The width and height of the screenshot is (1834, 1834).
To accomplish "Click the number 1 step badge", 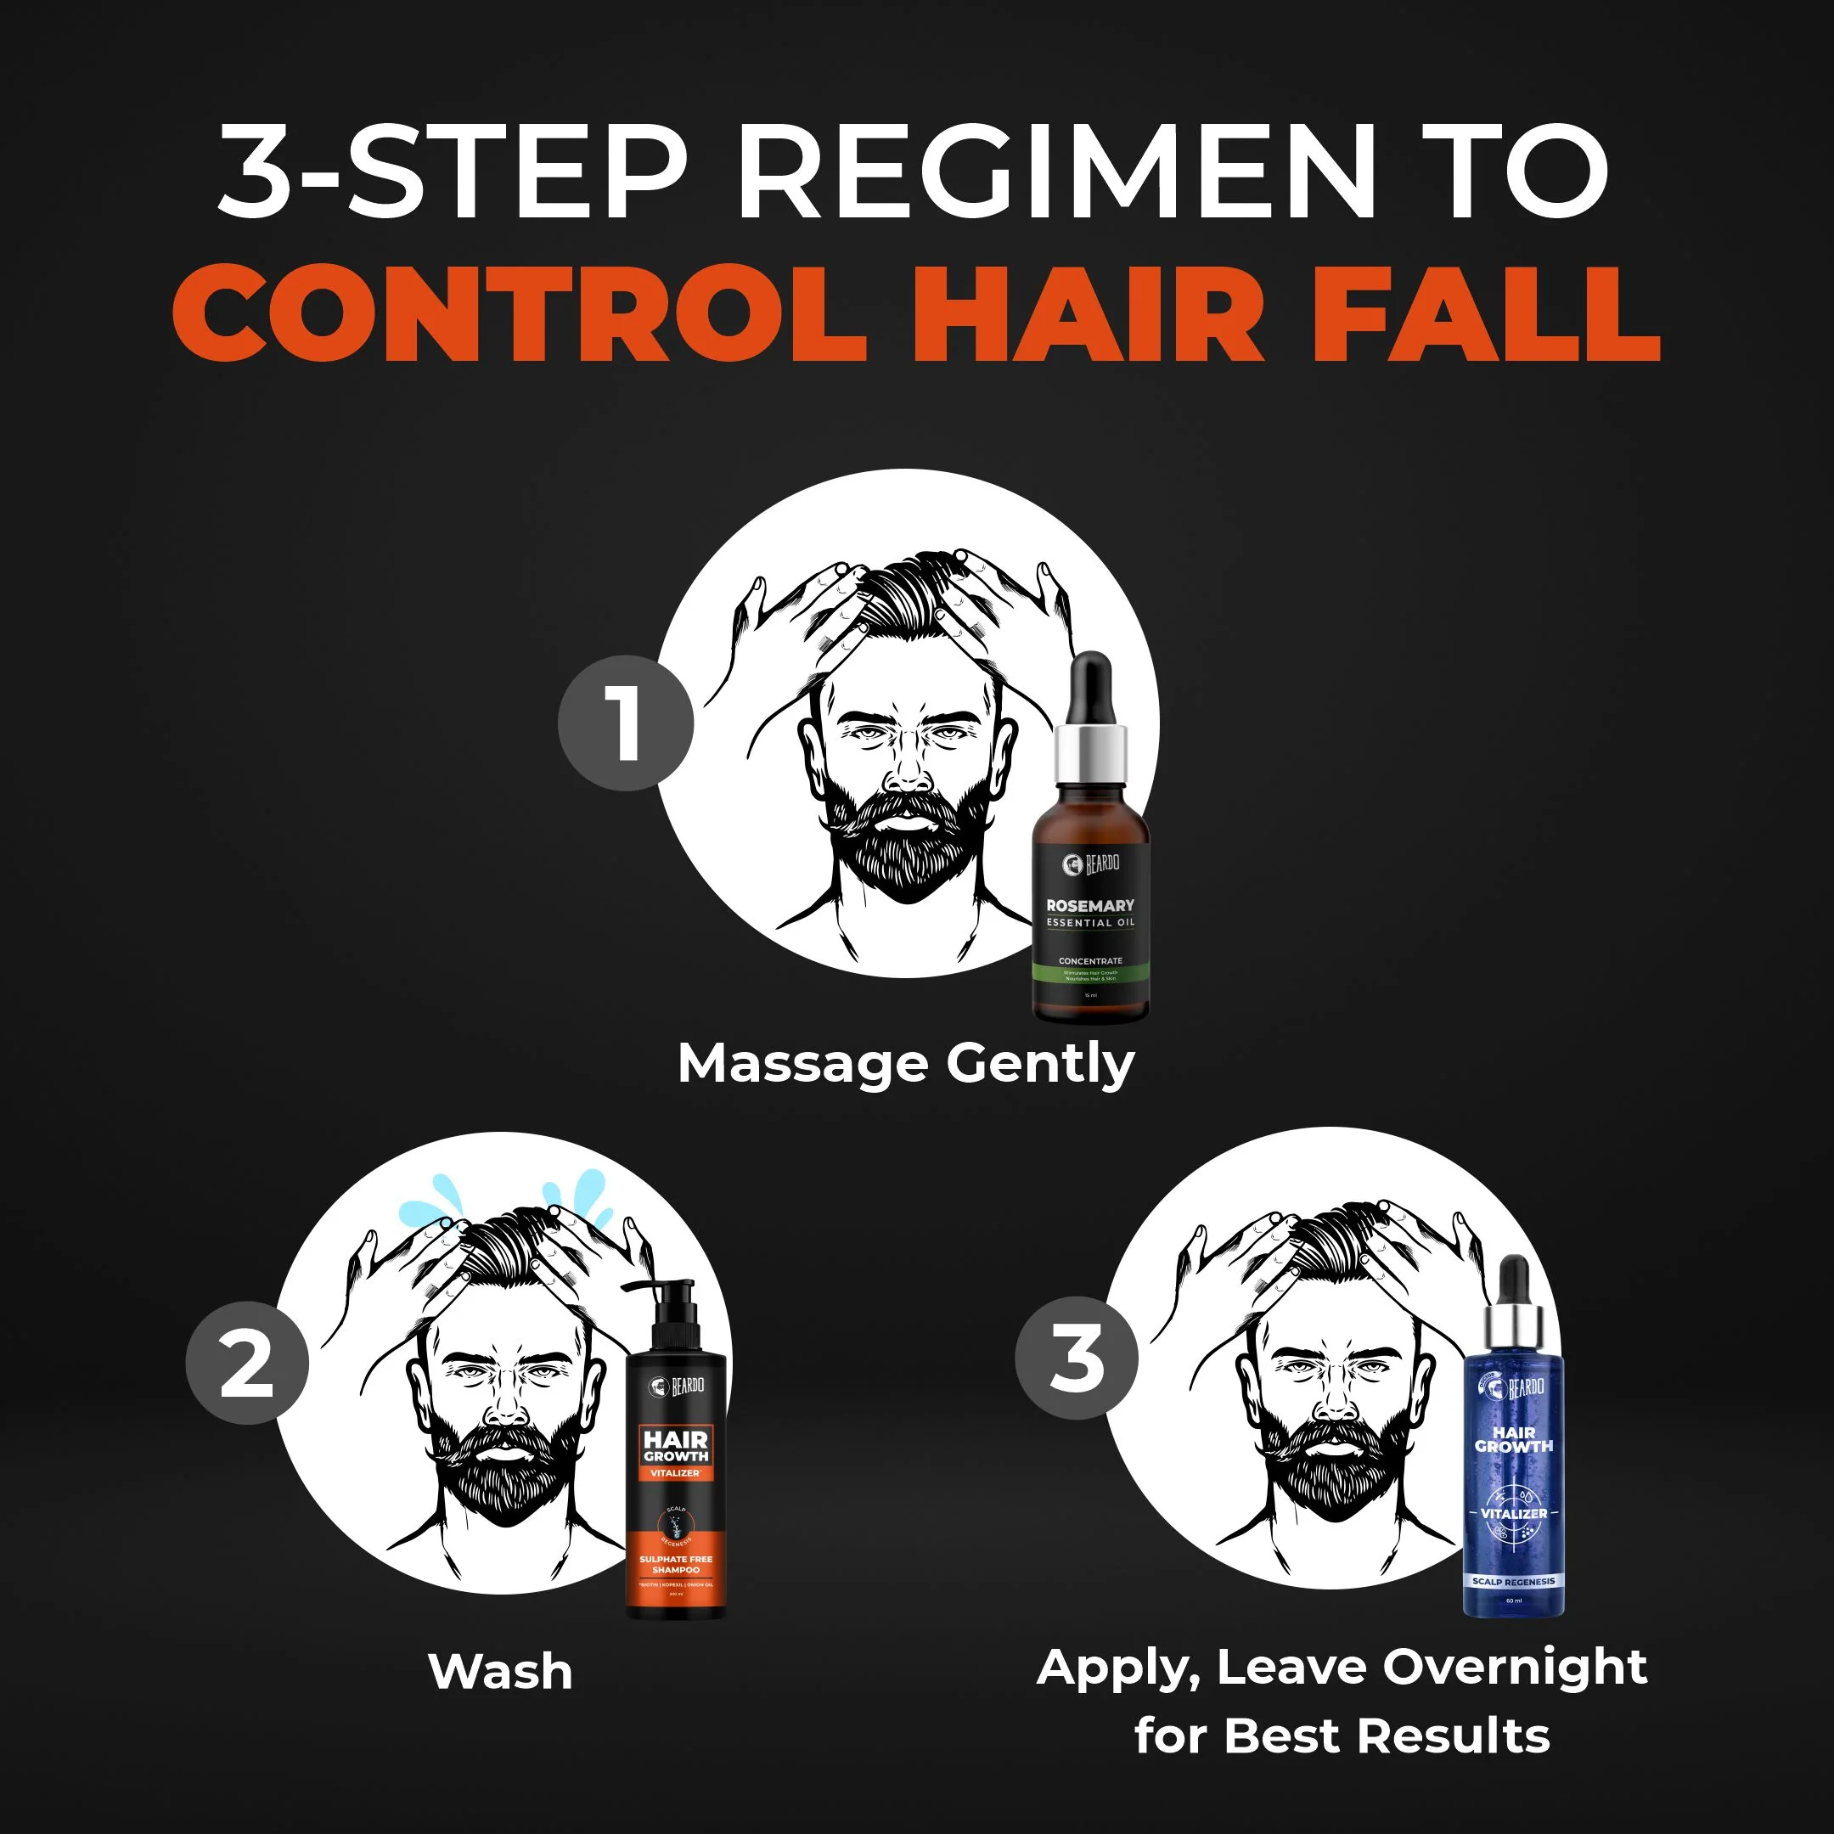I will pyautogui.click(x=626, y=723).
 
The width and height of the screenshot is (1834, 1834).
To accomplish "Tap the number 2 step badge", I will pyautogui.click(x=247, y=1362).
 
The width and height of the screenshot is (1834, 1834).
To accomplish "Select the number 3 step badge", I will pyautogui.click(x=1077, y=1358).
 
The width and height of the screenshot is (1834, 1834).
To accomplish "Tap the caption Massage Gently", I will pyautogui.click(x=906, y=1063).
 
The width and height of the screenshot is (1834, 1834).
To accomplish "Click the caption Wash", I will pyautogui.click(x=500, y=1671).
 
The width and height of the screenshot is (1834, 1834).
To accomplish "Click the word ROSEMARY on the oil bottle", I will pyautogui.click(x=1089, y=906).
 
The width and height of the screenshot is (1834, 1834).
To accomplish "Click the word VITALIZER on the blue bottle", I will pyautogui.click(x=1514, y=1513).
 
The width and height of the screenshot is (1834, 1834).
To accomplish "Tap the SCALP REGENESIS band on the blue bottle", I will pyautogui.click(x=1513, y=1582).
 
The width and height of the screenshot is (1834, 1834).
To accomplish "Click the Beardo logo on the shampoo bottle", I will pyautogui.click(x=677, y=1387).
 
